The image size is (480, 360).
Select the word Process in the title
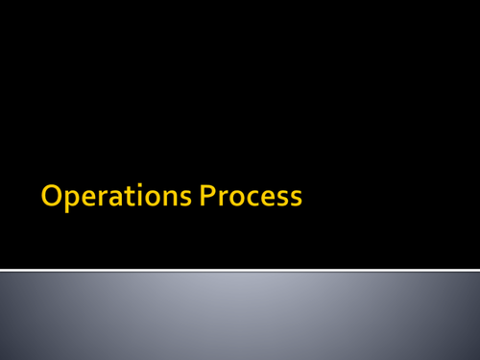click(252, 197)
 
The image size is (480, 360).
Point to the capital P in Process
click(208, 197)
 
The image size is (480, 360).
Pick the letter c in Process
click(249, 199)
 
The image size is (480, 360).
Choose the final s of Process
click(296, 199)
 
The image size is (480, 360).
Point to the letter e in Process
click(265, 199)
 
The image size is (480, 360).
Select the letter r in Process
click(222, 199)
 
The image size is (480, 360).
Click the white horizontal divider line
click(240, 270)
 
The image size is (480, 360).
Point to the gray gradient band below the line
click(240, 317)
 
